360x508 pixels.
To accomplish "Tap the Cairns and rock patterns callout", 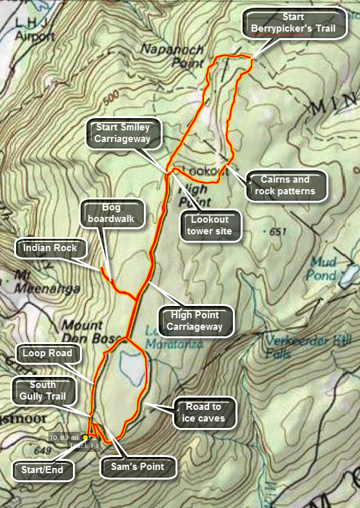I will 285,185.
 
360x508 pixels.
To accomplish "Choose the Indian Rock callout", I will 50,248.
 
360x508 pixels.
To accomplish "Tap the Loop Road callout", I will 47,353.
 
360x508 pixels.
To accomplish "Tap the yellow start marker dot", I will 85,438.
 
